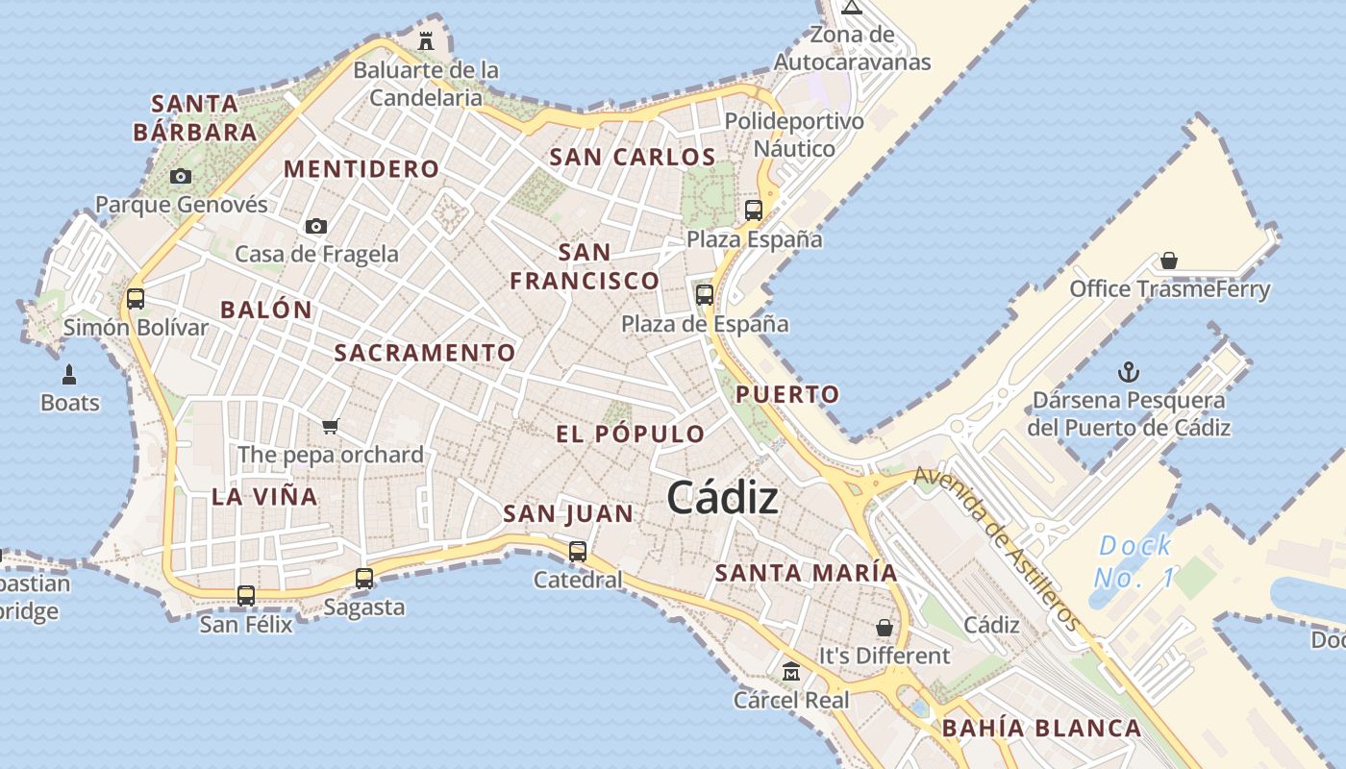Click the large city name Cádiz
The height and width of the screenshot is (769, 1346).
[722, 498]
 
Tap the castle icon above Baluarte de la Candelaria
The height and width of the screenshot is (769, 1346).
[425, 41]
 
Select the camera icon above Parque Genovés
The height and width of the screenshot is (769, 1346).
[180, 176]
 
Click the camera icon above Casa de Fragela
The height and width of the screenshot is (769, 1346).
[315, 226]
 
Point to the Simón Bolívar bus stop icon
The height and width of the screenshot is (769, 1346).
[136, 298]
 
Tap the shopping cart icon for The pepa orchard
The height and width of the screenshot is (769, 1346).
[331, 426]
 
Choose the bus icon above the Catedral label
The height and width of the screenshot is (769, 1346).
[578, 552]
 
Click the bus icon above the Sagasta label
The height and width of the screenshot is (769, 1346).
[363, 579]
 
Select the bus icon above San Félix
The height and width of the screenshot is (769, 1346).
[246, 596]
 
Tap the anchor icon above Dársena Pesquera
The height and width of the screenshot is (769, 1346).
[1129, 372]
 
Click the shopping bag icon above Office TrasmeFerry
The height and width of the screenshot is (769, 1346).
[1169, 260]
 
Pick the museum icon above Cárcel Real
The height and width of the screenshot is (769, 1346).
[791, 671]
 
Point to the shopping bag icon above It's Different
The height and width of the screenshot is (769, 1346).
[884, 628]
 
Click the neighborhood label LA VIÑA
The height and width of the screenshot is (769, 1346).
[264, 497]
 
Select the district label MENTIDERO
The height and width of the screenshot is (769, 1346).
[361, 169]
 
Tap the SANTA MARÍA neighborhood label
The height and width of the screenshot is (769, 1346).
[806, 573]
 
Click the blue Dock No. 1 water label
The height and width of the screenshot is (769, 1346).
[1135, 561]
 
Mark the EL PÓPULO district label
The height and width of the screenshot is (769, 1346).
[631, 434]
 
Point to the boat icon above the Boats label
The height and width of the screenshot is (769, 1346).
[69, 374]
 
